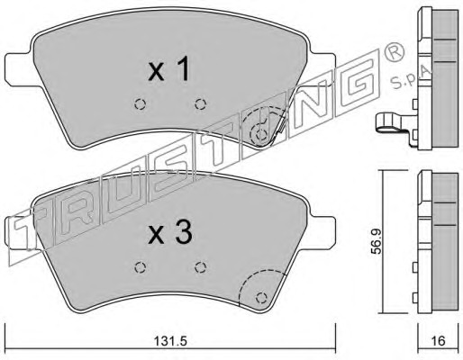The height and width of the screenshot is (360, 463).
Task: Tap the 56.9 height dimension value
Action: [376, 241]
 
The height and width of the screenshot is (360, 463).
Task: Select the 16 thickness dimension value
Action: [439, 341]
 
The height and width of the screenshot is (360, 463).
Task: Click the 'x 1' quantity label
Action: [169, 69]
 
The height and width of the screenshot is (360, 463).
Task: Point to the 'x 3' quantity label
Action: [170, 234]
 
